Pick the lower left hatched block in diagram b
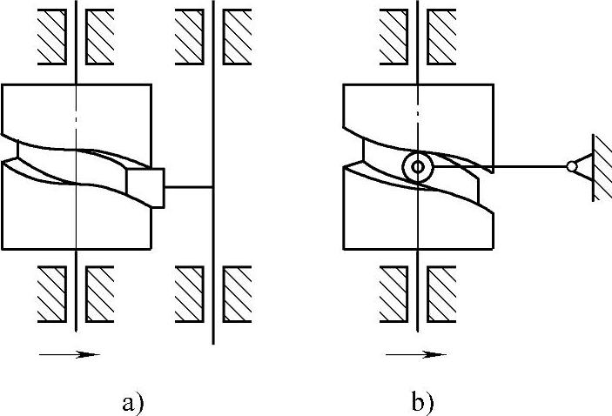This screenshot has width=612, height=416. click(x=394, y=292)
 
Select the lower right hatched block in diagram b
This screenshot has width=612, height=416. click(x=443, y=292)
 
